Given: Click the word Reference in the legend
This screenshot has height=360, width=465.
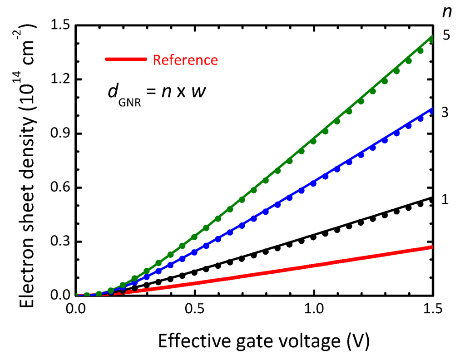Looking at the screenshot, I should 185,60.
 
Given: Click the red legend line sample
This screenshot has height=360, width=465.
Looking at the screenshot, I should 125,59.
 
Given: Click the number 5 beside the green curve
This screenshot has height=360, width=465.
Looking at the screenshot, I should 446,35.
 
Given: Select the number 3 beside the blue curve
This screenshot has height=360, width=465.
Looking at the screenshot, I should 445,113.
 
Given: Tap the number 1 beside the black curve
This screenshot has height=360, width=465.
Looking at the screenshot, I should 445,199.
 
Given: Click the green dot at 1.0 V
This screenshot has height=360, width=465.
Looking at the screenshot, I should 313,142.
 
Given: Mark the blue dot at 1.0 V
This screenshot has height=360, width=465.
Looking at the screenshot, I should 313,183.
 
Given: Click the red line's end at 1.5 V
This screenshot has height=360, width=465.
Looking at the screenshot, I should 432,247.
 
